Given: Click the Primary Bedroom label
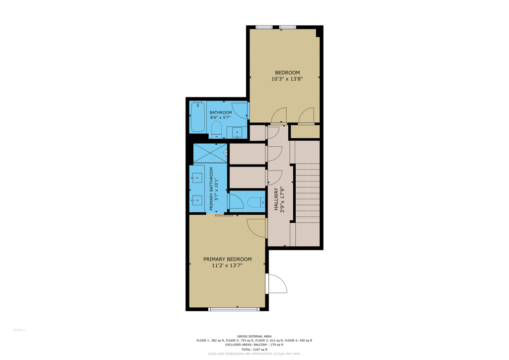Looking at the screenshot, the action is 227,259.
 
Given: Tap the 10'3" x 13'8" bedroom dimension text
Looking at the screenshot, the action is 287,79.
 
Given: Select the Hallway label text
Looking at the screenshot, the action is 276,199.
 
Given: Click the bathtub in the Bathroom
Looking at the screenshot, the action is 198,117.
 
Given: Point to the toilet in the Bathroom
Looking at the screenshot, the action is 216,129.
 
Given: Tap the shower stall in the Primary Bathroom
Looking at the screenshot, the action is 210,153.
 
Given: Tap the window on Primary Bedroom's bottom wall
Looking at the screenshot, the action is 234,309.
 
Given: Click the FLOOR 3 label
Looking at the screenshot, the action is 19,330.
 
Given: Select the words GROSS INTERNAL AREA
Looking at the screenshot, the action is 254,336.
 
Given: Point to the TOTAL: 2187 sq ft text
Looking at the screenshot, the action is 254,349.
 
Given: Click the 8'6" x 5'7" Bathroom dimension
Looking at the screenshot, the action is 220,117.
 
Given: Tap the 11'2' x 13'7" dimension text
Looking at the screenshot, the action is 227,266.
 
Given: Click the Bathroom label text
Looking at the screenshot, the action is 221,113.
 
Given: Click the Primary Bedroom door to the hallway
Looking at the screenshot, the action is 256,228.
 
